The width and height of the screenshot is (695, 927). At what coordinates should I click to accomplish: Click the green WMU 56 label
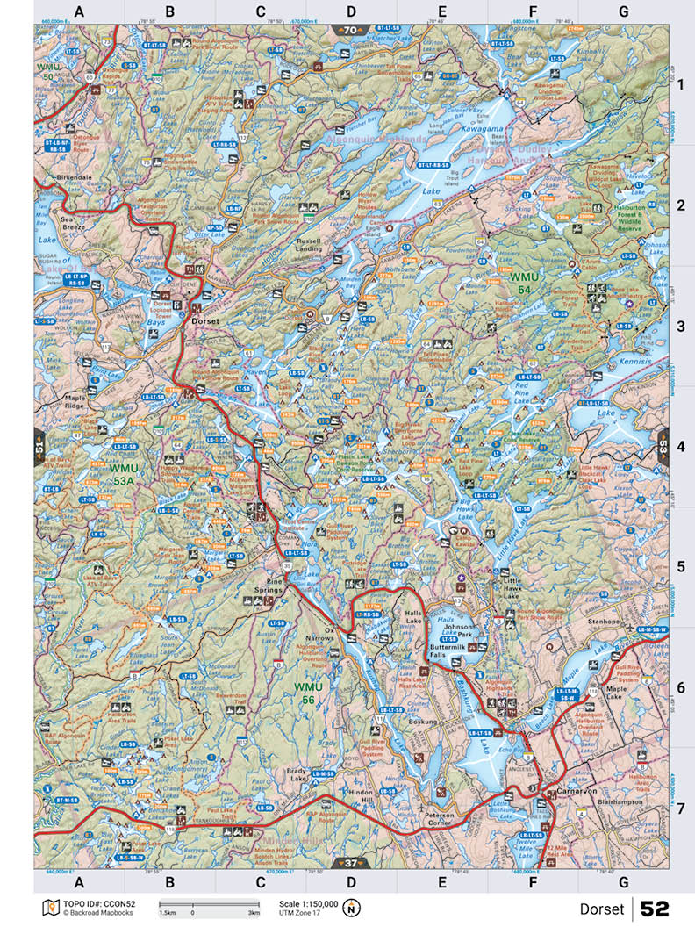(x=310, y=693)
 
